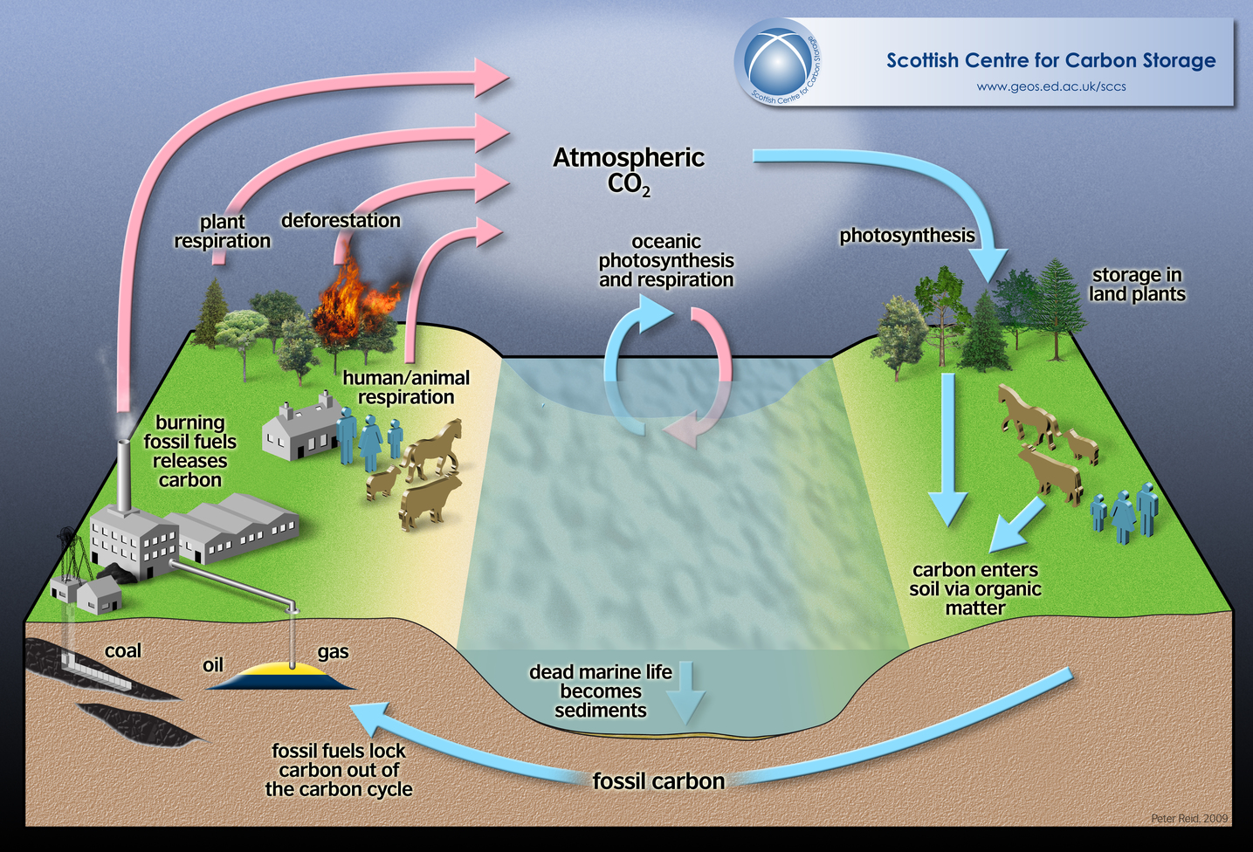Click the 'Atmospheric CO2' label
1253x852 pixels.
(x=629, y=169)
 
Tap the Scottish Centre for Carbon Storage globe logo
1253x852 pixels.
(x=776, y=63)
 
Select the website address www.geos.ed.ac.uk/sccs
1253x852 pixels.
(x=1051, y=86)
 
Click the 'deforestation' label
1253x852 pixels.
(x=341, y=220)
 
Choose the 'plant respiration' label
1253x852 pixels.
(x=223, y=231)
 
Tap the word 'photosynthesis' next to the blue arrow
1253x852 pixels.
(x=906, y=236)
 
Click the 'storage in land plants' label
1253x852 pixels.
(x=1137, y=285)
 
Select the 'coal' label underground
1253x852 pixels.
(x=122, y=651)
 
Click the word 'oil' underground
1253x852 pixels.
(x=213, y=665)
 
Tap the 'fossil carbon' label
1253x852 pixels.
(x=658, y=781)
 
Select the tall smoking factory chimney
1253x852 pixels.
(x=124, y=476)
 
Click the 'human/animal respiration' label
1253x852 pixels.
(x=406, y=388)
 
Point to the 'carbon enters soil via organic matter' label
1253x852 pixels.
(x=975, y=589)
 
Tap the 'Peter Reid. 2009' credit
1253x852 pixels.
(x=1189, y=819)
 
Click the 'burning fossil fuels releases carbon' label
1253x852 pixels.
(x=190, y=451)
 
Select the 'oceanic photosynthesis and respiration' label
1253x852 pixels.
(x=666, y=260)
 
